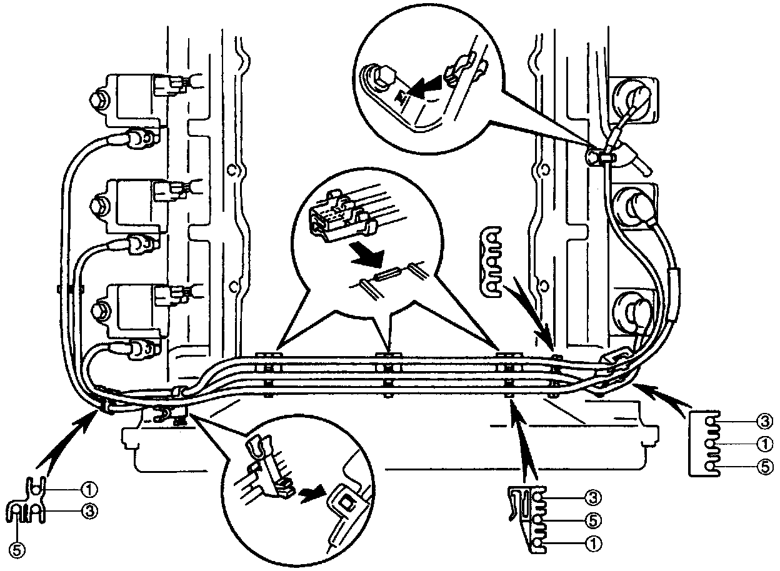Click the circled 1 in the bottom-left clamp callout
point(91,488)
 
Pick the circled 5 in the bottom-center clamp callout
point(592,519)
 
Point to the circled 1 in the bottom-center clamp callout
point(592,543)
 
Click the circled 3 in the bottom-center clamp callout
point(592,497)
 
